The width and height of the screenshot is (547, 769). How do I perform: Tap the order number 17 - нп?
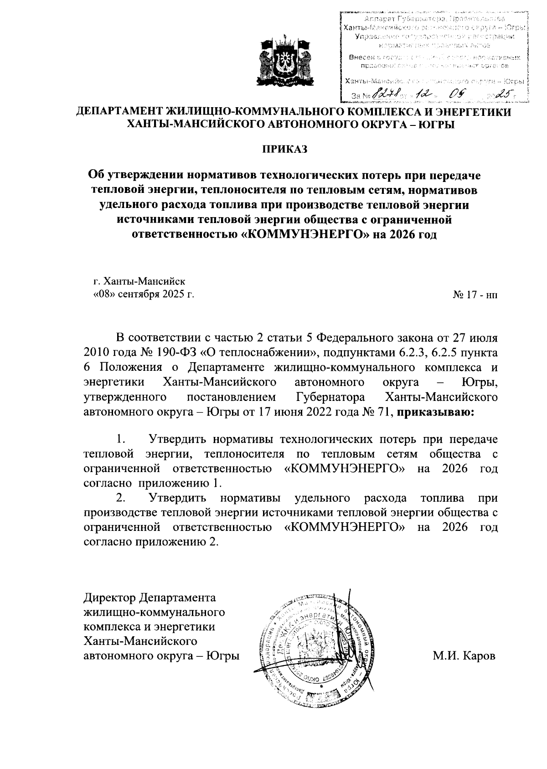475,295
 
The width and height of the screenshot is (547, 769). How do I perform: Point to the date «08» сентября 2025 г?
144,294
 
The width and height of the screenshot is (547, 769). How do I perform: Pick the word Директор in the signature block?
110,598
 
